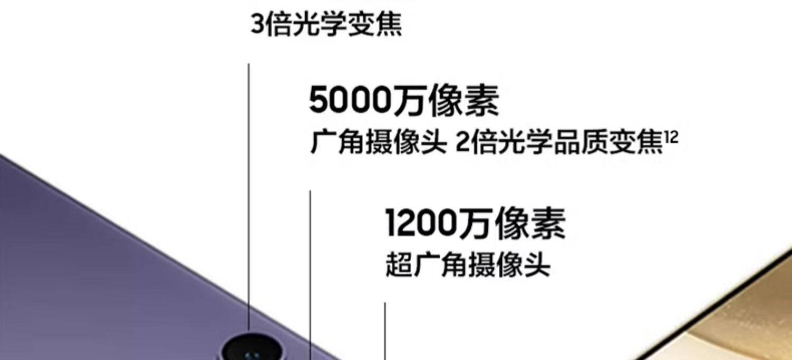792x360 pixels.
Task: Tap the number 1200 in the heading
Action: (x=421, y=223)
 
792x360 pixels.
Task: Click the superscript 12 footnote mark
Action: (x=671, y=138)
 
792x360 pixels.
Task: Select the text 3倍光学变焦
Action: (x=326, y=24)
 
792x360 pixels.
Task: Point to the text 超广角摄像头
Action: (x=468, y=264)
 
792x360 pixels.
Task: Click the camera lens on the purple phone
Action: (x=251, y=348)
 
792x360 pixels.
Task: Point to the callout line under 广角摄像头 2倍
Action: (x=310, y=264)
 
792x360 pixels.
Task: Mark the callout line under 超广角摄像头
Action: (x=385, y=330)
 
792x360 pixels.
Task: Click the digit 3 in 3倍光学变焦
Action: (x=257, y=25)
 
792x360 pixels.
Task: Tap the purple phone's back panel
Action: (x=106, y=264)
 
